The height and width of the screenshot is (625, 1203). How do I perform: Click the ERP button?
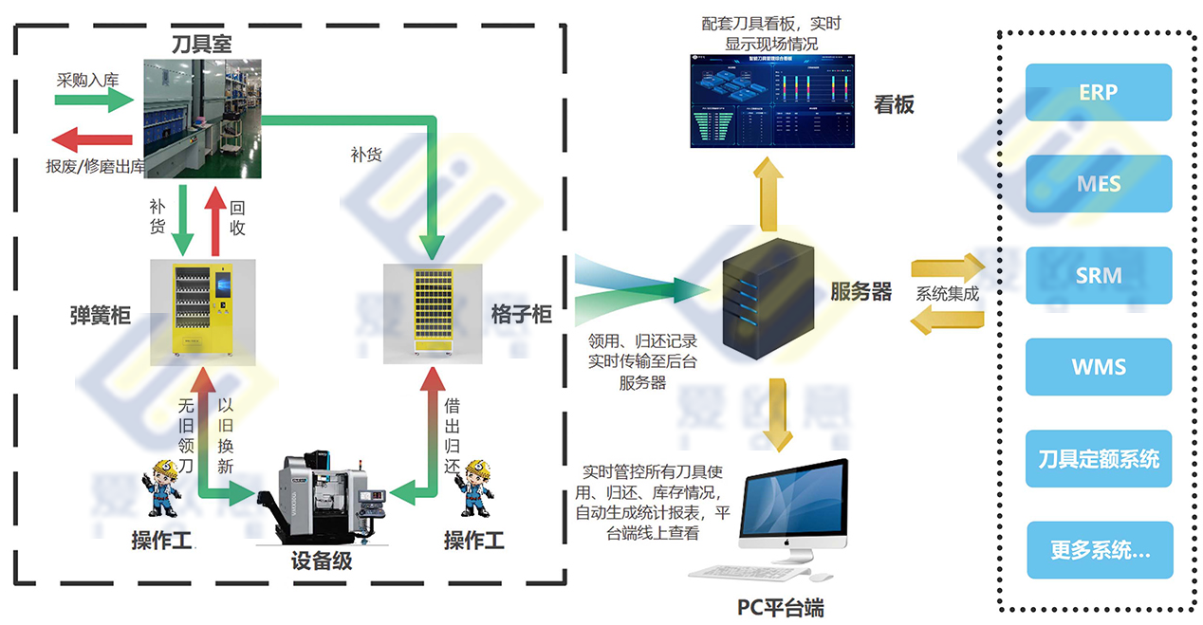click(x=1099, y=92)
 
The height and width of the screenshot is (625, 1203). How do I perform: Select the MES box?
click(x=1099, y=183)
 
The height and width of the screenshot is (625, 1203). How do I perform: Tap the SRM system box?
click(x=1099, y=275)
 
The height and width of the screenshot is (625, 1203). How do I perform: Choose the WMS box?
click(x=1099, y=366)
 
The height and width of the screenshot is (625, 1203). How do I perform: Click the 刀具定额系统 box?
click(x=1099, y=459)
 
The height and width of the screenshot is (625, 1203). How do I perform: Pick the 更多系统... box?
click(x=1099, y=550)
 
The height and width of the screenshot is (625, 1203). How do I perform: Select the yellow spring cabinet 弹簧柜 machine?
click(x=201, y=311)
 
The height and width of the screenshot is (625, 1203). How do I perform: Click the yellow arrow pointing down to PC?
click(x=778, y=414)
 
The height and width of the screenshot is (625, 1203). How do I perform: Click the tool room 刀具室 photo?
click(x=201, y=119)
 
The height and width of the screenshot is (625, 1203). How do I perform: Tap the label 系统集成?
click(x=946, y=293)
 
